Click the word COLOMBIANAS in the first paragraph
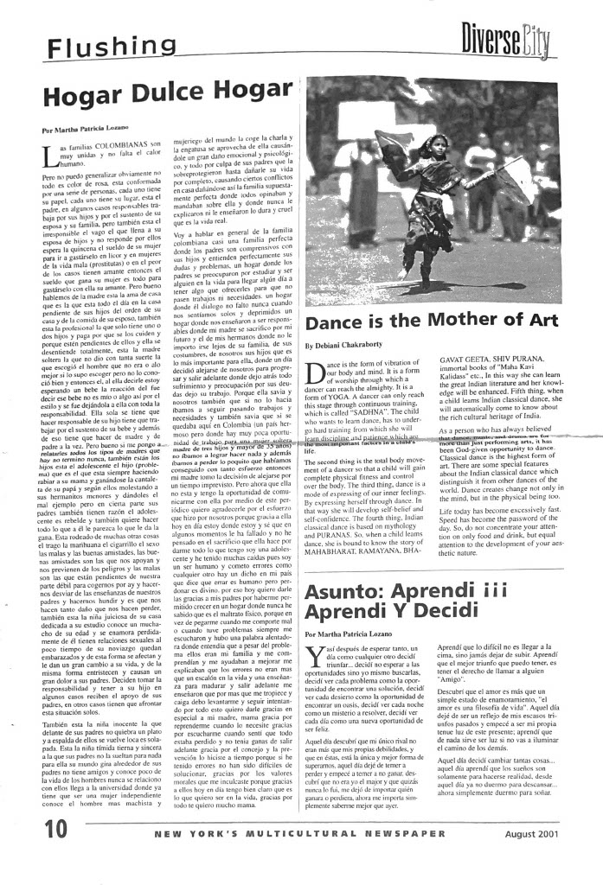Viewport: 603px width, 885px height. click(117, 143)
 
